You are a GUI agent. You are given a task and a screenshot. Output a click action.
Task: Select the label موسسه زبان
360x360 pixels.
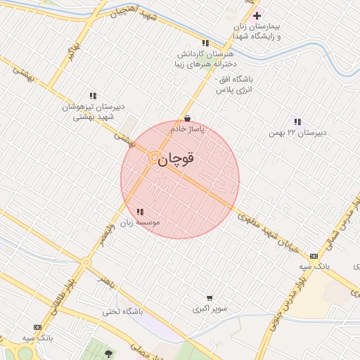[139, 222]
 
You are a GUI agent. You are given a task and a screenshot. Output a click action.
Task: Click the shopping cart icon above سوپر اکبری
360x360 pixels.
[210, 298]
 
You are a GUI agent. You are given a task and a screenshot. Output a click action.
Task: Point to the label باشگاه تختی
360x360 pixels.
[122, 311]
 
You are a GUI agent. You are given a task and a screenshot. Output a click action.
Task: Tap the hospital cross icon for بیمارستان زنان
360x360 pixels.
[257, 15]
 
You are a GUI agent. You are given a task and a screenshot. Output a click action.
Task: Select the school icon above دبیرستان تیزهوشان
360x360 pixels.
[92, 96]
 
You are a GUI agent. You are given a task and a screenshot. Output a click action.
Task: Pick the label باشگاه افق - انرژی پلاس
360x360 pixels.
[234, 84]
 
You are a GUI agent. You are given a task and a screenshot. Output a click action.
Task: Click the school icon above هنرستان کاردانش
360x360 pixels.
[205, 43]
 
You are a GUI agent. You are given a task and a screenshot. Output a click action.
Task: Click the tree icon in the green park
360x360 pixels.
[108, 353]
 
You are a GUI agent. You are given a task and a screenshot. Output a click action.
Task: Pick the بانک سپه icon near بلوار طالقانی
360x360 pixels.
[37, 327]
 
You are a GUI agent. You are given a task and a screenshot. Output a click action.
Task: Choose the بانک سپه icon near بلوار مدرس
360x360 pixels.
[314, 256]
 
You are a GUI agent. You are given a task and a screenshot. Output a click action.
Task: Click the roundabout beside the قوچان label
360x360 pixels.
[154, 159]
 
